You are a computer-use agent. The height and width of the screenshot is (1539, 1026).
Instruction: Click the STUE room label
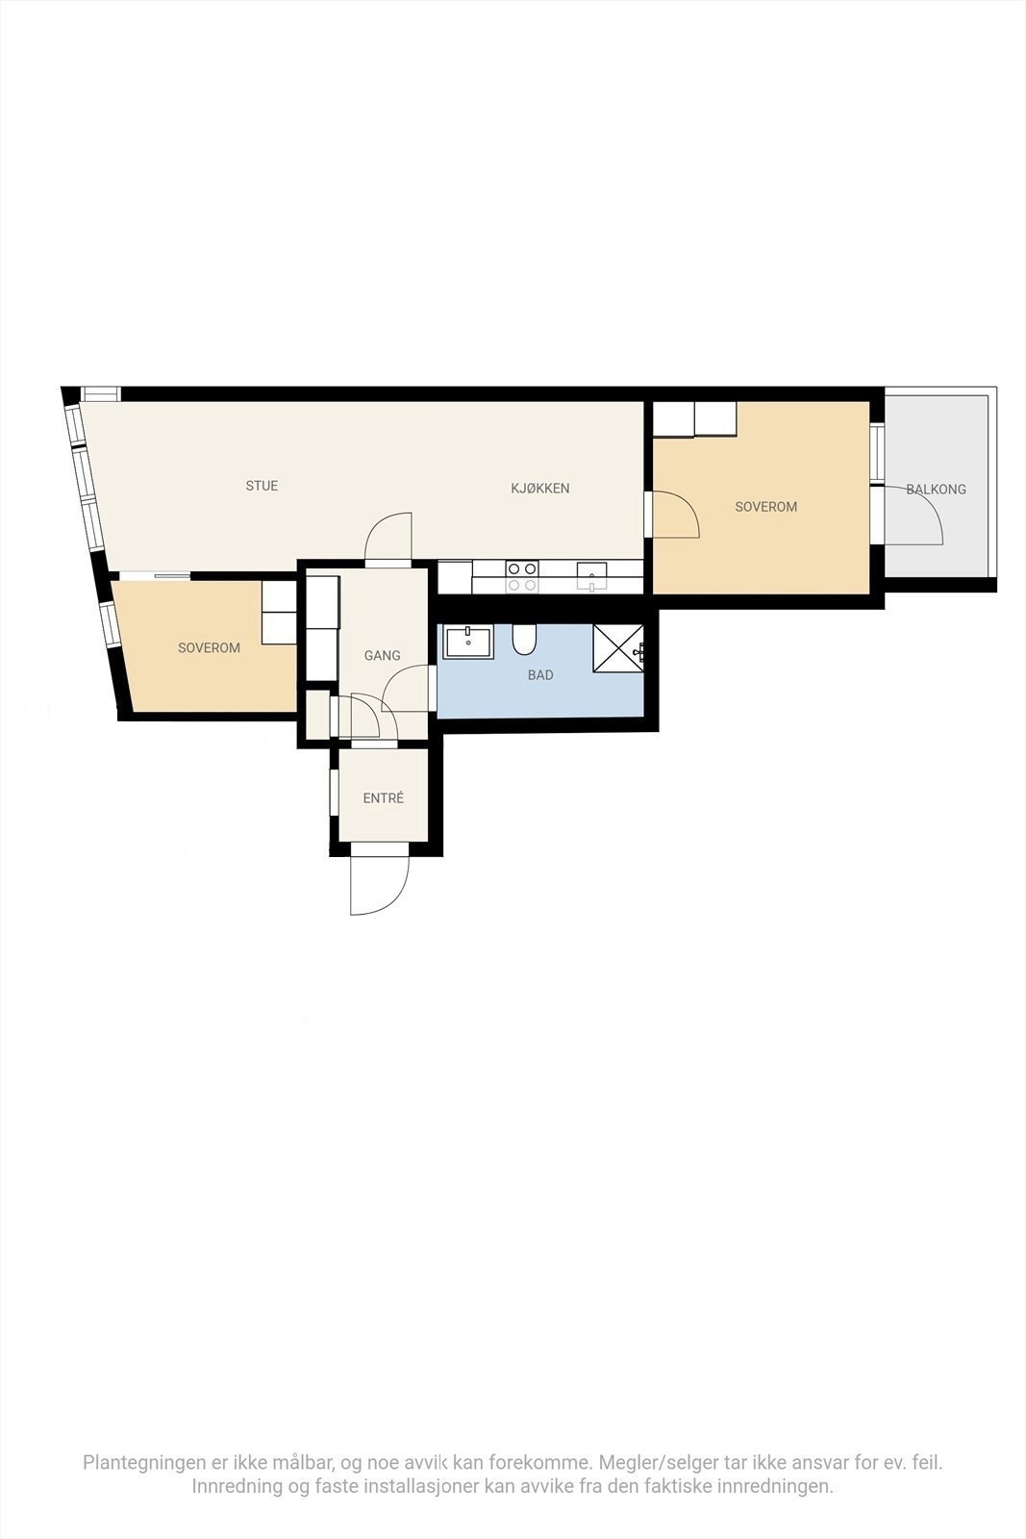pos(262,486)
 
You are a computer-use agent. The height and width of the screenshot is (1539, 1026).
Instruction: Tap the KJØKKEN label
pos(539,489)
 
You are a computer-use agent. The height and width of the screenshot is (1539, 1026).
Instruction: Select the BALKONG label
pos(936,490)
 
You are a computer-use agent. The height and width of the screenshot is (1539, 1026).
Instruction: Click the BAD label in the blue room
pos(540,675)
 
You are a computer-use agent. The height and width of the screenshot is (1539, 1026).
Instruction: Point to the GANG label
pos(382,656)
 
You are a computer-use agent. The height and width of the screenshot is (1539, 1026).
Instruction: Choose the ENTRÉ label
pos(383,798)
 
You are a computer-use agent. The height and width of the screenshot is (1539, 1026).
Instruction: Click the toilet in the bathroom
pos(524,639)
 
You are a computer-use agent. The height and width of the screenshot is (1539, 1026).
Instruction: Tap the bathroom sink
pos(468,642)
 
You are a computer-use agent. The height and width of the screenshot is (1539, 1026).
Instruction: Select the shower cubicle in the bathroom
pos(618,647)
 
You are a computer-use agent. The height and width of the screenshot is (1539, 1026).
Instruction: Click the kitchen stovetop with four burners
pos(522,576)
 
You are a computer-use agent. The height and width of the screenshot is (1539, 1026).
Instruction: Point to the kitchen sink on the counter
pos(591,576)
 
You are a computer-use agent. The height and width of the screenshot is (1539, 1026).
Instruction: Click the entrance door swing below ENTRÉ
pos(379,883)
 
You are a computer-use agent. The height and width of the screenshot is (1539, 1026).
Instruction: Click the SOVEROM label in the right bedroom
pos(765,507)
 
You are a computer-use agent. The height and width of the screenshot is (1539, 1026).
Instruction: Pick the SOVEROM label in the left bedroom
pos(209,648)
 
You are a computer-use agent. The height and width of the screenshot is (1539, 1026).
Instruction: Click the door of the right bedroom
pos(675,515)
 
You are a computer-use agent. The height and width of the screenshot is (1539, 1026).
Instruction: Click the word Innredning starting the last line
pos(237,1487)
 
